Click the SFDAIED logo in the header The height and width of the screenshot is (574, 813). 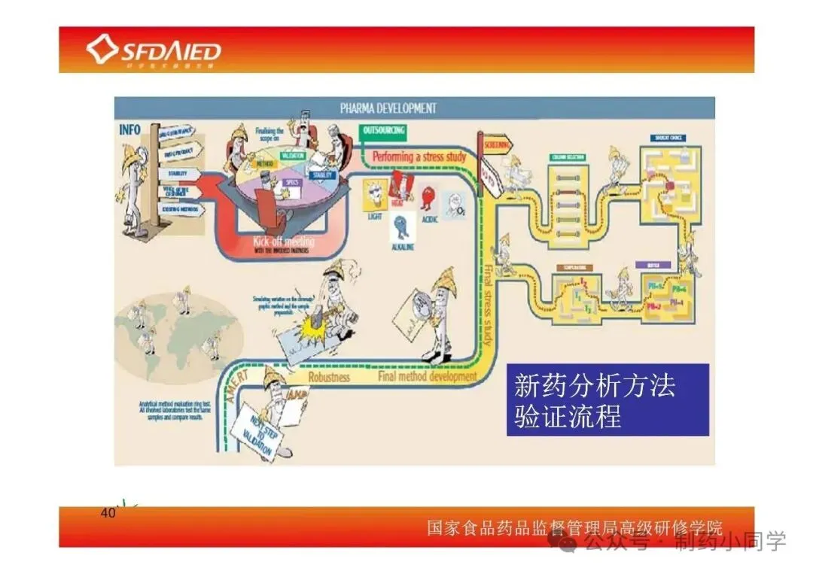154,50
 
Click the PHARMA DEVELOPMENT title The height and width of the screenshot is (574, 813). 388,108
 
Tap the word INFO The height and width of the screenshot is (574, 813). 129,129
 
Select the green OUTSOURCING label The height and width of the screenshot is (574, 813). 383,131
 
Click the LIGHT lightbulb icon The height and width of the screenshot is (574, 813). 374,197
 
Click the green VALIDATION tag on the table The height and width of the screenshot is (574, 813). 291,156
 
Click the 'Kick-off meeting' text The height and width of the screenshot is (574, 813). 284,242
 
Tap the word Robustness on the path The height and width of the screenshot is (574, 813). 329,376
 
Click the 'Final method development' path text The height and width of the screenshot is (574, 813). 428,375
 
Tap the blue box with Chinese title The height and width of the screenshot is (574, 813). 607,399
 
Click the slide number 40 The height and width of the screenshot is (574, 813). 107,514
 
